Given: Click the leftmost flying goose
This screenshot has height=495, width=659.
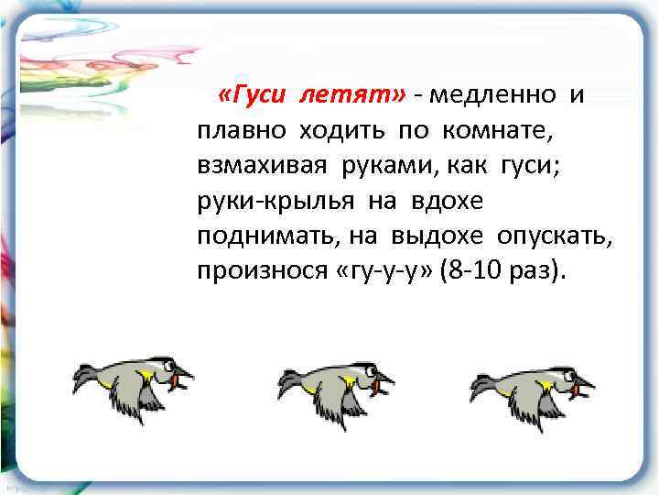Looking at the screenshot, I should tap(134, 384).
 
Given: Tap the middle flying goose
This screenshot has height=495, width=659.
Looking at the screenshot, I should tap(334, 384).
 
